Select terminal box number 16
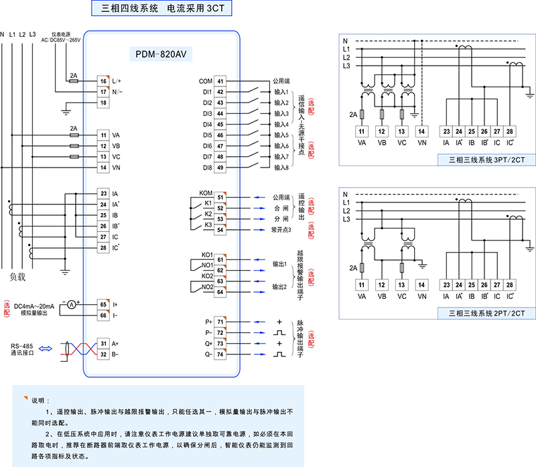click(103, 80)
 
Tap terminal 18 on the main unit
click(103, 103)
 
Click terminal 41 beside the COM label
click(220, 80)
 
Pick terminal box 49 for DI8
click(220, 168)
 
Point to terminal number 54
click(220, 229)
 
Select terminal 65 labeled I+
click(103, 304)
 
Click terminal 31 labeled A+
click(103, 343)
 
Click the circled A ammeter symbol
click(69, 304)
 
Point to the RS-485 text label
click(23, 346)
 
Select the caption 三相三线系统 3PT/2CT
click(480, 159)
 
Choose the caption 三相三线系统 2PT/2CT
click(480, 313)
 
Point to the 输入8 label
click(281, 168)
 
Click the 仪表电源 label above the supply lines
click(61, 34)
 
